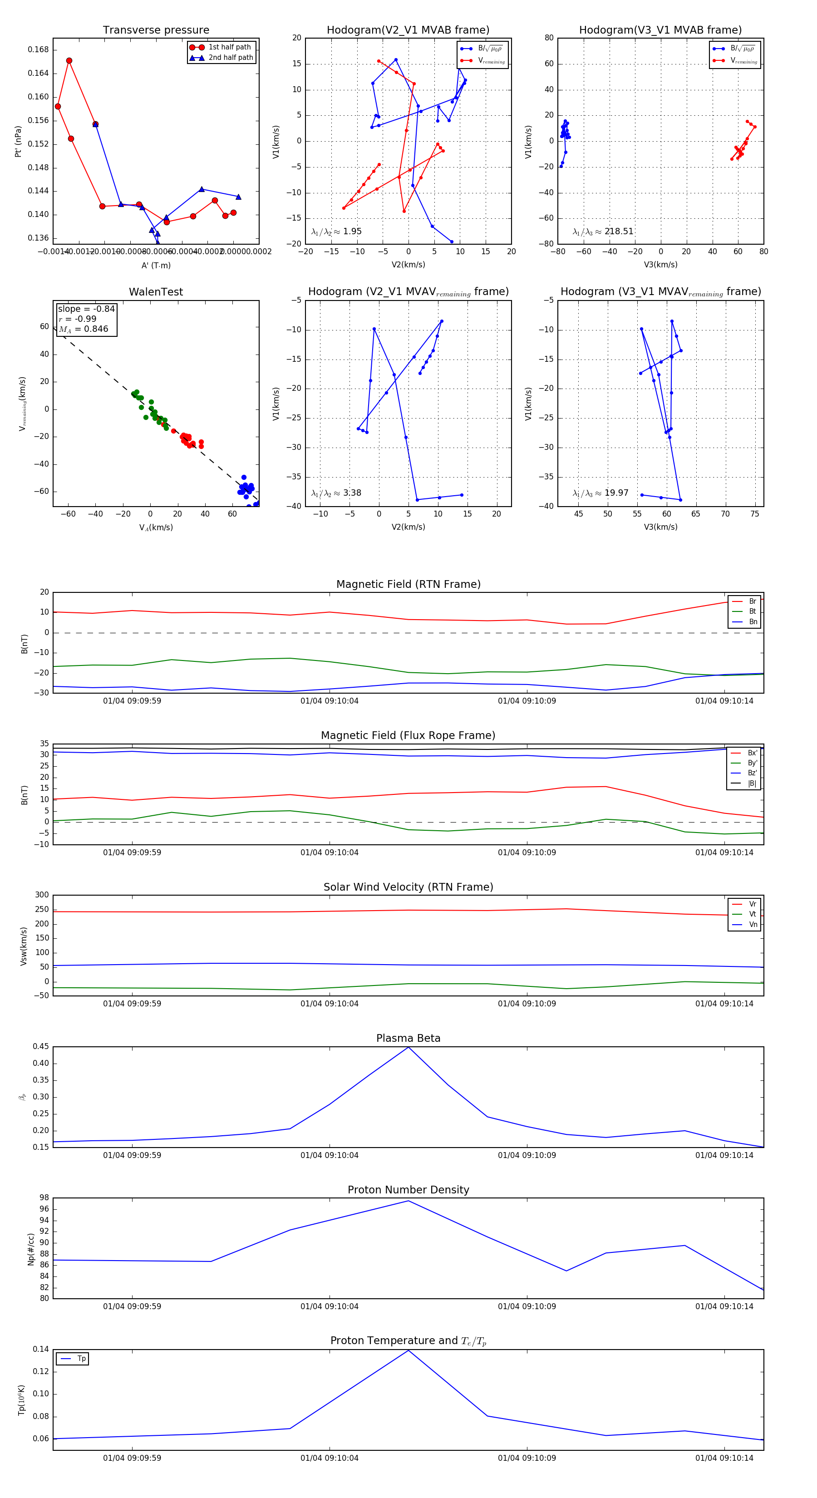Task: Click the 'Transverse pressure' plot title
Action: click(x=156, y=30)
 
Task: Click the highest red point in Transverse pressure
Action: click(x=69, y=60)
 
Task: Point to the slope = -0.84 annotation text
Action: click(x=86, y=309)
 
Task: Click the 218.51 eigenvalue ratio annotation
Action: click(x=618, y=232)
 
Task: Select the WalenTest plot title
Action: click(x=156, y=292)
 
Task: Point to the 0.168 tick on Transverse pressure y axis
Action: click(x=39, y=50)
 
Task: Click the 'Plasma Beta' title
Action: click(x=408, y=1038)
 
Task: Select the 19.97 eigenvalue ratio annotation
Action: click(x=616, y=493)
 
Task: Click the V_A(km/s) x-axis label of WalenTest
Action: click(x=156, y=527)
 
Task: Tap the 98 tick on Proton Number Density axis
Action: click(x=44, y=1198)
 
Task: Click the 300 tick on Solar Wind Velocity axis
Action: click(x=42, y=895)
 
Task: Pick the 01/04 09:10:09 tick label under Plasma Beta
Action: click(x=527, y=1155)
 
